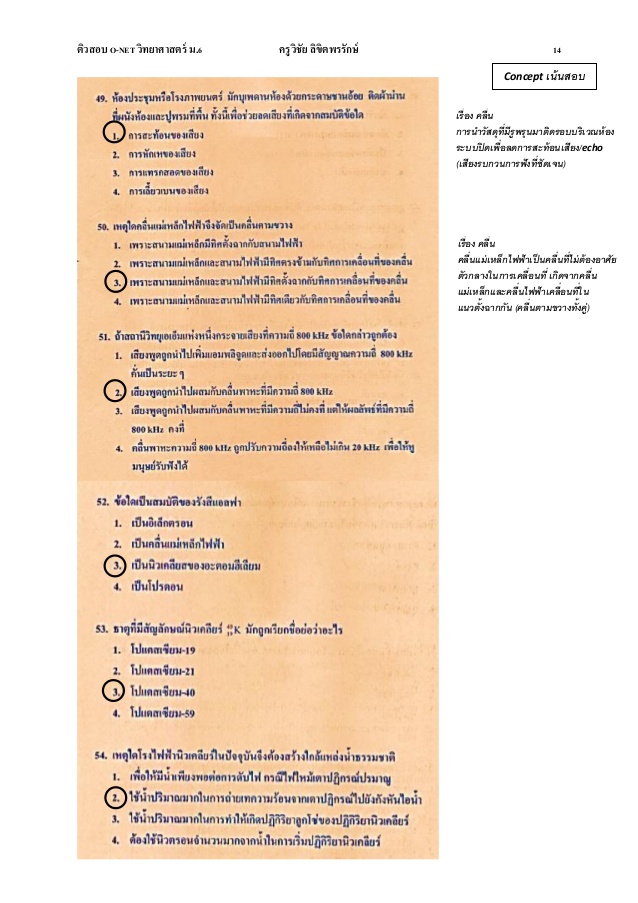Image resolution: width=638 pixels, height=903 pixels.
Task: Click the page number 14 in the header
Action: tap(557, 48)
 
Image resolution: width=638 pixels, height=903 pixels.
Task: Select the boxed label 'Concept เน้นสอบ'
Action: tap(544, 75)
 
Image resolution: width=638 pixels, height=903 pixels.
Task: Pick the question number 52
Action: tap(102, 499)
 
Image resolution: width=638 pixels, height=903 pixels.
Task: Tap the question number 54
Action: tap(102, 750)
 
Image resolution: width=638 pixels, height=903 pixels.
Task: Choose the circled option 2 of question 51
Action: tap(117, 391)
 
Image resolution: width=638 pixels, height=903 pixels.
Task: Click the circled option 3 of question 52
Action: tap(117, 567)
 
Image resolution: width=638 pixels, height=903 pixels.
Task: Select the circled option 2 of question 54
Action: tap(117, 797)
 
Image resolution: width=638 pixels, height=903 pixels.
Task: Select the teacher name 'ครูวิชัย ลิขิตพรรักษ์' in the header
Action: tap(320, 48)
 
